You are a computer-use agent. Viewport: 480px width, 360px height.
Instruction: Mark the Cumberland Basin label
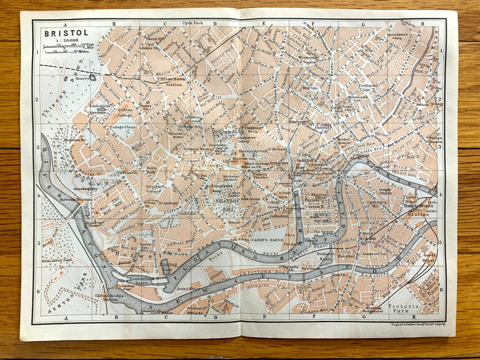[x=130, y=280]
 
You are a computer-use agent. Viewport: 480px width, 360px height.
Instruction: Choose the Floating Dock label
[x=169, y=266]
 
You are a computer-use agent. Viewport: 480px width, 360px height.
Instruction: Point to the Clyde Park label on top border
[x=192, y=23]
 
